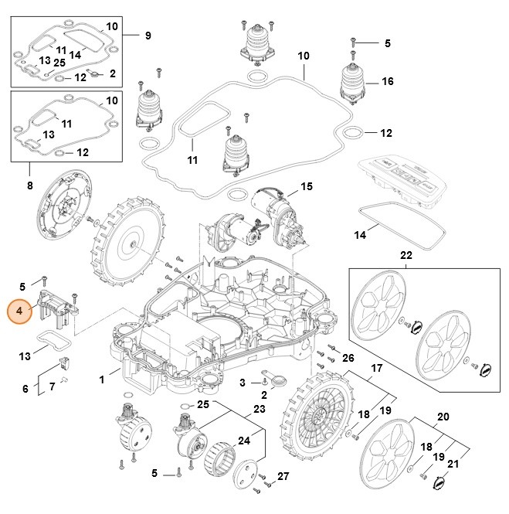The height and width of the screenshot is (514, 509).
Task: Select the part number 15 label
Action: (307, 186)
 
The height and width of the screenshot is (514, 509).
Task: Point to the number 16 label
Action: (388, 81)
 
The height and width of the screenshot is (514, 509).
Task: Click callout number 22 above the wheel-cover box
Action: (407, 254)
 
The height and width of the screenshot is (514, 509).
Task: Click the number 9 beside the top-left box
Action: (148, 35)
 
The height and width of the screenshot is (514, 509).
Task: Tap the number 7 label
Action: (52, 386)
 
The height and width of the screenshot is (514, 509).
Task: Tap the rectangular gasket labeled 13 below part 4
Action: (51, 339)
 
